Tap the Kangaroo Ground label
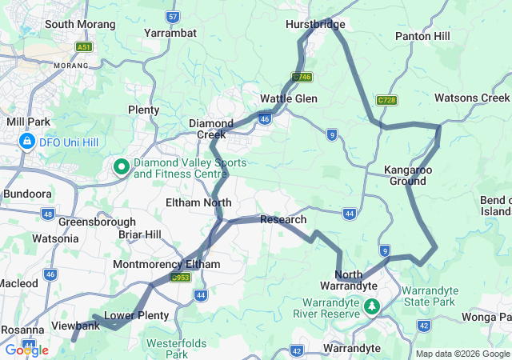[x=408, y=175]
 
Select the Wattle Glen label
[x=289, y=98]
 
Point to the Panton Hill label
[x=422, y=36]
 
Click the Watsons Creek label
[x=472, y=98]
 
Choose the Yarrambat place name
[x=170, y=33]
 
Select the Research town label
[x=283, y=219]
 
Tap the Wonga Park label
[x=482, y=317]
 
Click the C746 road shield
[x=302, y=77]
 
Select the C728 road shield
[x=386, y=100]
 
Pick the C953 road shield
[x=181, y=278]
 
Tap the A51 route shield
[x=84, y=47]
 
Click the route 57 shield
[x=172, y=16]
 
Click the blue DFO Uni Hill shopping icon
[x=27, y=142]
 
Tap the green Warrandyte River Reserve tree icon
[x=372, y=306]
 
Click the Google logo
[x=26, y=350]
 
